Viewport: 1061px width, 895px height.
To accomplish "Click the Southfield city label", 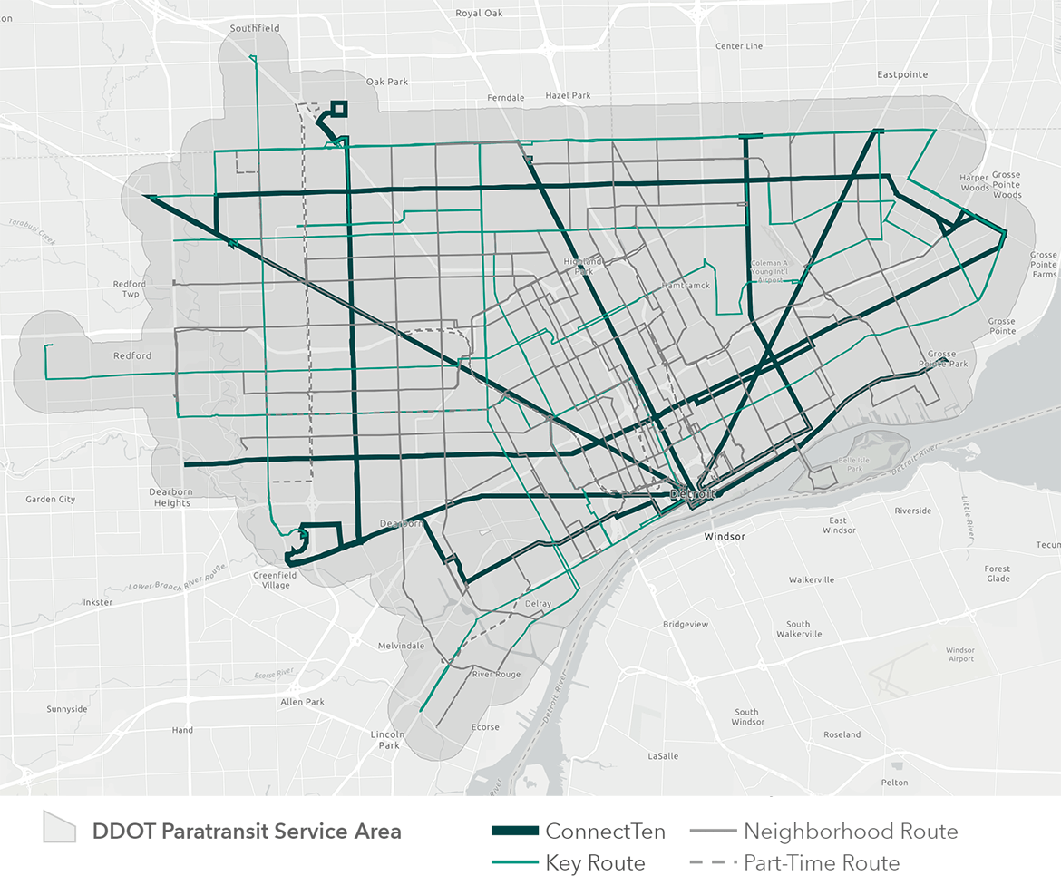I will point(255,29).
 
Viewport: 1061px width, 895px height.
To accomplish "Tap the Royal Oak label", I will point(481,14).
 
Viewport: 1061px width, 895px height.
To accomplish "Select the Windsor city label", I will point(725,537).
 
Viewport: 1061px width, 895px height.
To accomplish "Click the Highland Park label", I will point(582,266).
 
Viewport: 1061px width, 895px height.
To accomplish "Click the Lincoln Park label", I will point(389,739).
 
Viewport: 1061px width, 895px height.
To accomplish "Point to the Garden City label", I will point(51,500).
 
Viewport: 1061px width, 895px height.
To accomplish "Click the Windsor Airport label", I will point(960,654).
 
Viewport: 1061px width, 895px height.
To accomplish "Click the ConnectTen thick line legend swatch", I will point(514,832).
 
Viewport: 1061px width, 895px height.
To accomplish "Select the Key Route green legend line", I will point(514,863).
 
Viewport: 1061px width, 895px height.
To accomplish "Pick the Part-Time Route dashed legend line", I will point(713,863).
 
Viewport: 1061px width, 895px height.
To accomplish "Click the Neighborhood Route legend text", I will point(851,832).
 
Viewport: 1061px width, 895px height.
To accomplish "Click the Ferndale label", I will point(506,98).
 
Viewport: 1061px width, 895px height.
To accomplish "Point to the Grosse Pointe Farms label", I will point(1043,265).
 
